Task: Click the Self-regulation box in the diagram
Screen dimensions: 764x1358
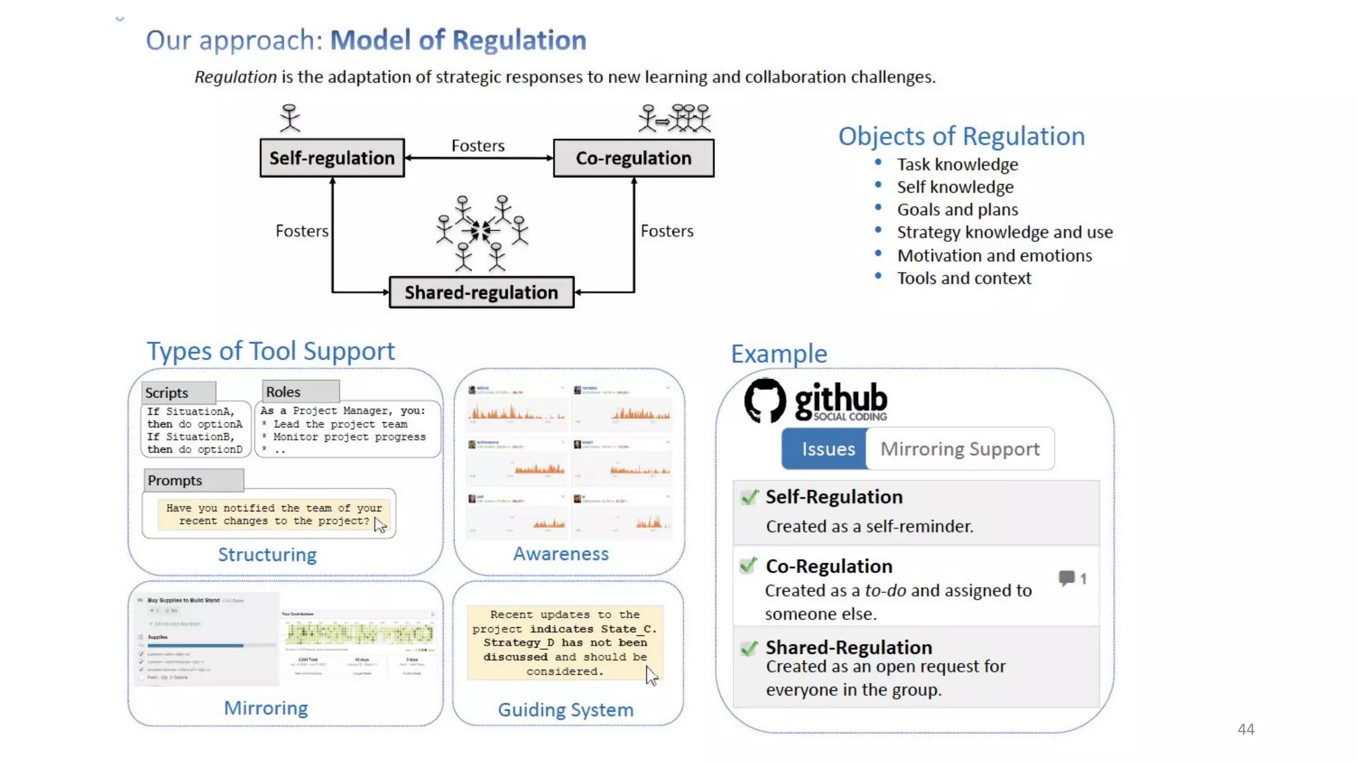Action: point(332,158)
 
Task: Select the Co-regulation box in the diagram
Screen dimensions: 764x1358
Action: point(633,158)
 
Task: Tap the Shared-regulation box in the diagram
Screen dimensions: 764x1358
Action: point(481,292)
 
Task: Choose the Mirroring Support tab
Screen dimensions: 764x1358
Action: point(959,449)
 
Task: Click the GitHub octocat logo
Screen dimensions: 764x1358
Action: point(765,400)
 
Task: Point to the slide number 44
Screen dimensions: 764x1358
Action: point(1246,729)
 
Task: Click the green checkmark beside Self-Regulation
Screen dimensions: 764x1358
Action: point(749,497)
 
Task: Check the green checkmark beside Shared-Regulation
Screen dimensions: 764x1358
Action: point(749,648)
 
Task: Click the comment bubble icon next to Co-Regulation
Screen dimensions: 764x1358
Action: point(1067,578)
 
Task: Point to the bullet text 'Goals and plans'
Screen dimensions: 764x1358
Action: point(957,210)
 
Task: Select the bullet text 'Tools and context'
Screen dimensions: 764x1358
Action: point(964,279)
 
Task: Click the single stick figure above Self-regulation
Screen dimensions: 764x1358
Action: point(290,118)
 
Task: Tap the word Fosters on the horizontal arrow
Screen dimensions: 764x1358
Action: point(477,146)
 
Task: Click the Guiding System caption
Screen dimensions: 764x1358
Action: point(566,710)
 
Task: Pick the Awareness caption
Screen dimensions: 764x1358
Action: point(560,554)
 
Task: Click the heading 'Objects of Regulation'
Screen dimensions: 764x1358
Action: point(961,136)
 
